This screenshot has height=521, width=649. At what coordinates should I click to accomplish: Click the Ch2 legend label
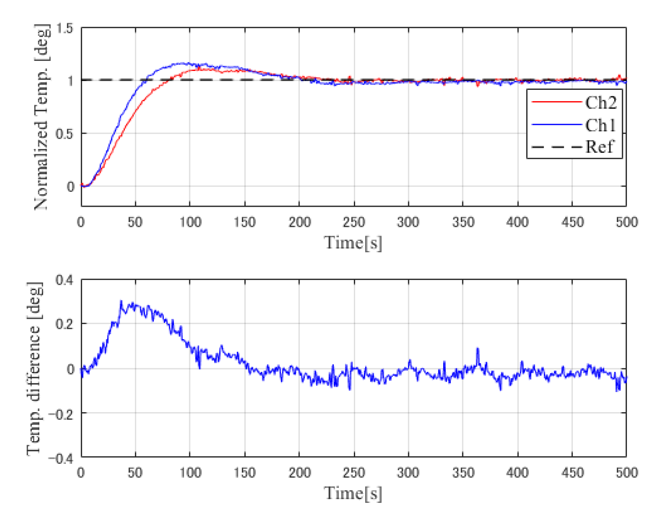point(601,103)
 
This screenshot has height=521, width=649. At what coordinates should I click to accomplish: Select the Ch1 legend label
point(601,125)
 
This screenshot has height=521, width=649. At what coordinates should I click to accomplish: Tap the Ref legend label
point(600,147)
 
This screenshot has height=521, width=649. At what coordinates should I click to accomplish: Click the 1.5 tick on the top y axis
point(65,29)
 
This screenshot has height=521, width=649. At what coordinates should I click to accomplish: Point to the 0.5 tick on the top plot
point(65,134)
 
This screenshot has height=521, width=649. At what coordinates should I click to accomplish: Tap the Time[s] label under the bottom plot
point(353,493)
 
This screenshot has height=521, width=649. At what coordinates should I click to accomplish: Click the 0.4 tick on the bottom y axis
point(65,280)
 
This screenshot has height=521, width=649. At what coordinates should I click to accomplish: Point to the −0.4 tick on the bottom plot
point(62,458)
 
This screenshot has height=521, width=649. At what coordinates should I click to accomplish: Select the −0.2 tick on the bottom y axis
point(62,413)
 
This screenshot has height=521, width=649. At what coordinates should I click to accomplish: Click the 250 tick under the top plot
point(354,222)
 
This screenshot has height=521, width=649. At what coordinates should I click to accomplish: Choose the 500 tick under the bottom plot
point(626,472)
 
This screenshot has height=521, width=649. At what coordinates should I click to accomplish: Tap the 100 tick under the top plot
point(190,222)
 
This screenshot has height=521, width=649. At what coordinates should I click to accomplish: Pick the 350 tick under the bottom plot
point(463,472)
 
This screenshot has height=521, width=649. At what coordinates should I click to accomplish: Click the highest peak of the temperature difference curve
point(121,301)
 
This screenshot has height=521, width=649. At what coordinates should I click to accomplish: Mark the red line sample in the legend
point(557,102)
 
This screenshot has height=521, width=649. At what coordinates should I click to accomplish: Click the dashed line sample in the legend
point(557,147)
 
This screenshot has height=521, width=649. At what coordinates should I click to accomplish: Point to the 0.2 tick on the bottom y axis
point(65,324)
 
